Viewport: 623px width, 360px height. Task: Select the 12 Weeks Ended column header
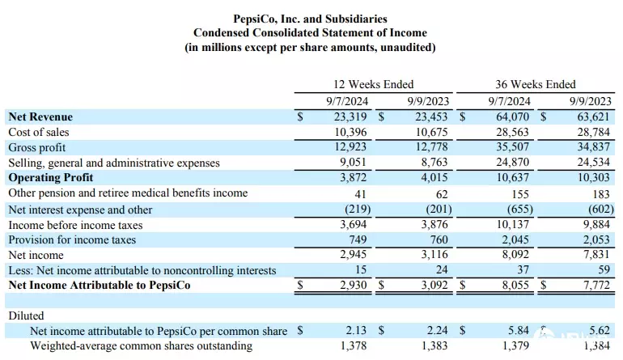(374, 84)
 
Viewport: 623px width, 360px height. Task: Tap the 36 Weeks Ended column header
(536, 84)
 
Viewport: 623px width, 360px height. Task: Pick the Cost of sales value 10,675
(432, 132)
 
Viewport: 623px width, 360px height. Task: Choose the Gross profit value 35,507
(512, 147)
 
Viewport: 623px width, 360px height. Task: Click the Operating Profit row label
(51, 177)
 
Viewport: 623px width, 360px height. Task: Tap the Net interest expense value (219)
(354, 209)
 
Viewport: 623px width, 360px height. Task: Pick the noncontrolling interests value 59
(603, 270)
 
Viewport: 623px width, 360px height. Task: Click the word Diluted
(26, 316)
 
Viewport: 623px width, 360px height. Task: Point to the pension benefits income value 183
(600, 193)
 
